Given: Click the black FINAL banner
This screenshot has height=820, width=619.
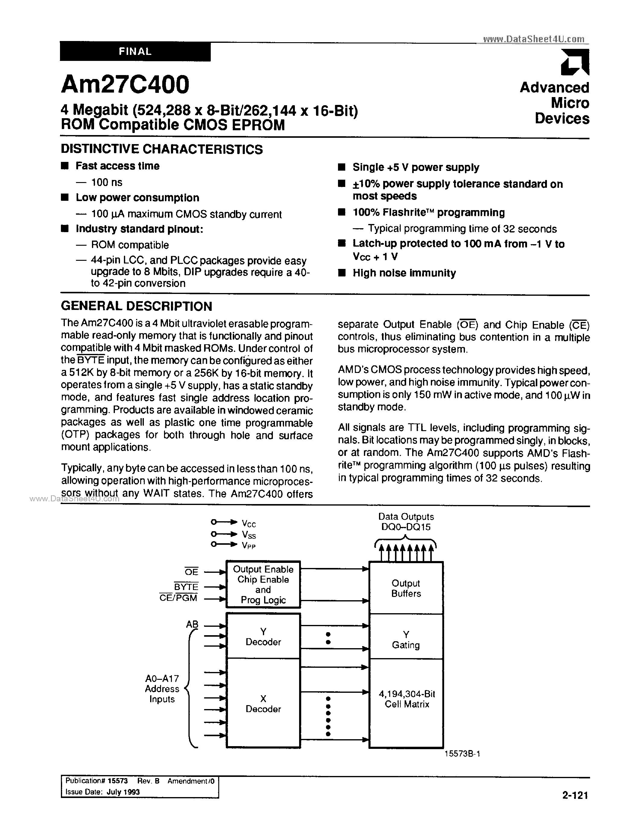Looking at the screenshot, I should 135,52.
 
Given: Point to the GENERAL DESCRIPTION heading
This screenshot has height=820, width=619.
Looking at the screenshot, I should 136,306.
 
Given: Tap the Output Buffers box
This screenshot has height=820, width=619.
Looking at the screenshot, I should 406,588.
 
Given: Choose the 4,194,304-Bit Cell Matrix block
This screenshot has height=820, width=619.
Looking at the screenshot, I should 407,699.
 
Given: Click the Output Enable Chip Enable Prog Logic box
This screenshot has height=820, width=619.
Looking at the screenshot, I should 263,585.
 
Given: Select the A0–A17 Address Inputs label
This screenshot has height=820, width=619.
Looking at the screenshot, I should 162,689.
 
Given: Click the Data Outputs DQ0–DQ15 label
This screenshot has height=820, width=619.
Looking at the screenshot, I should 406,522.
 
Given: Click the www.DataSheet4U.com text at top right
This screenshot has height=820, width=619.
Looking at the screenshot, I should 534,39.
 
